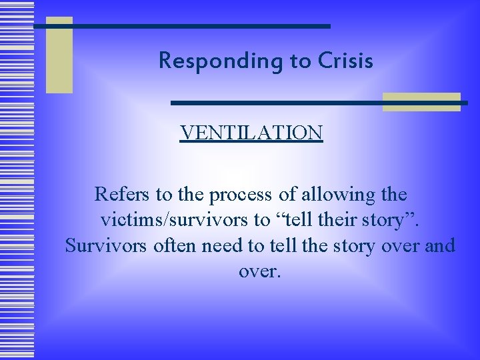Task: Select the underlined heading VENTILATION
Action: (x=251, y=133)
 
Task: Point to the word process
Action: (x=239, y=195)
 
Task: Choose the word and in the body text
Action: (x=440, y=245)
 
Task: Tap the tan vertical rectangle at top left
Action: (x=59, y=55)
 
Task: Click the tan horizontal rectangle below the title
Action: (x=421, y=101)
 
